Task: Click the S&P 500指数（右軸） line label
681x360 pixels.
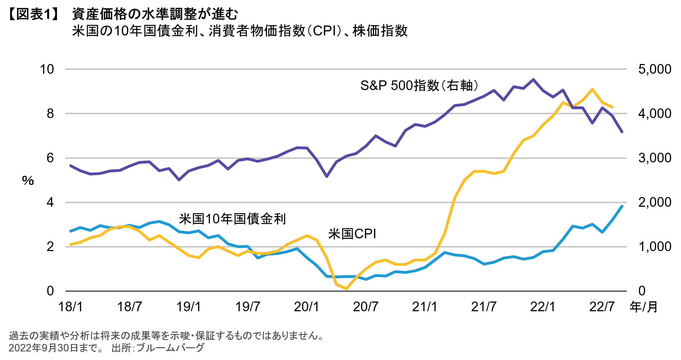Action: [x=419, y=85]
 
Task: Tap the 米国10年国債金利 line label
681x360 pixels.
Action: [x=232, y=219]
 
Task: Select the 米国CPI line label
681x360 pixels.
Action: [x=352, y=234]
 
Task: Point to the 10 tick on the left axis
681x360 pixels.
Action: [x=47, y=69]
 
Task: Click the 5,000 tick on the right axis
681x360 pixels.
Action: [x=655, y=69]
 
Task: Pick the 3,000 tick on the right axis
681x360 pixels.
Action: [x=655, y=158]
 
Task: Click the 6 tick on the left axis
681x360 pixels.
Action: [x=50, y=158]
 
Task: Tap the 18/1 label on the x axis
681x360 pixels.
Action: [x=70, y=307]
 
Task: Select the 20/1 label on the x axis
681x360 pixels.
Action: [x=306, y=307]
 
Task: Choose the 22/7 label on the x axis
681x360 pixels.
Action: [x=602, y=307]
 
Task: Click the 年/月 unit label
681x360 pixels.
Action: [x=644, y=307]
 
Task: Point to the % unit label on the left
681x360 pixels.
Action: [x=28, y=181]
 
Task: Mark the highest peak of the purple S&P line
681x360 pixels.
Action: [x=533, y=80]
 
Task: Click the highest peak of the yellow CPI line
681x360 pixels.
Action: [x=592, y=89]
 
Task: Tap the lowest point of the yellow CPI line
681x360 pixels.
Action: [x=346, y=289]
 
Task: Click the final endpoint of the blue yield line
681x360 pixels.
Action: [x=622, y=206]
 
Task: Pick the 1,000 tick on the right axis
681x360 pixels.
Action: [x=655, y=247]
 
